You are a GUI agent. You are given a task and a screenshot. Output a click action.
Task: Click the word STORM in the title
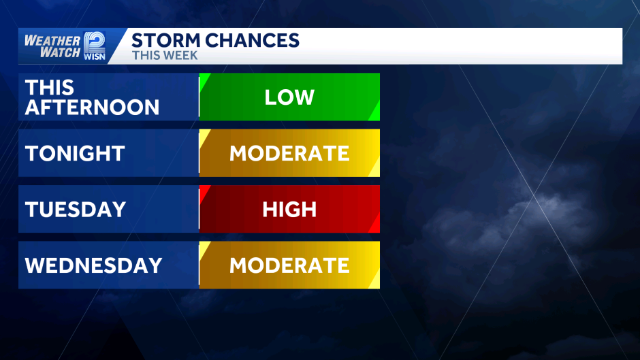163,40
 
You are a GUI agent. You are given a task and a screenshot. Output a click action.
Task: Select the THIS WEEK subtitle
165,56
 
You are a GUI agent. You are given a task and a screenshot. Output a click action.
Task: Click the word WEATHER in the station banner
52,39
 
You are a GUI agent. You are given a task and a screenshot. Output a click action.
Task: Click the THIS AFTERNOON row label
92,97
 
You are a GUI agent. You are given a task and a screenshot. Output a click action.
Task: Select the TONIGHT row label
75,153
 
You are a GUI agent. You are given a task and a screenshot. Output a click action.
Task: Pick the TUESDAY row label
76,209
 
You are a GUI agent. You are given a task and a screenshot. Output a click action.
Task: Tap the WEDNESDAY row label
93,265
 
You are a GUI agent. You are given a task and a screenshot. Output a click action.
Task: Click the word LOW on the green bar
289,97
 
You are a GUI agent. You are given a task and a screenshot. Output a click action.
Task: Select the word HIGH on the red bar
289,209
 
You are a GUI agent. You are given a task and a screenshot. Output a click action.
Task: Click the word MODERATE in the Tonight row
289,153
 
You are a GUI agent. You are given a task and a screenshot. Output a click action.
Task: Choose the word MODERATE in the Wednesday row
289,265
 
